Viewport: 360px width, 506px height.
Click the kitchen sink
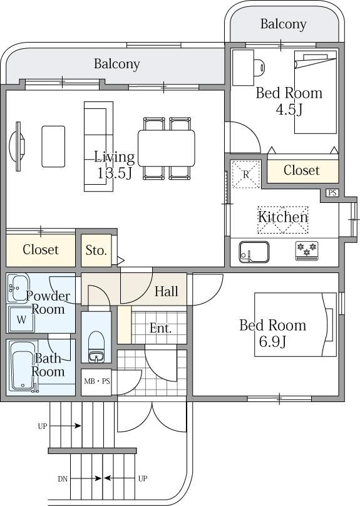(x=254, y=252)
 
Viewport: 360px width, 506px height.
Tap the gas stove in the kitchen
(x=307, y=250)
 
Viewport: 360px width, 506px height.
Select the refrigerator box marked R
(x=246, y=174)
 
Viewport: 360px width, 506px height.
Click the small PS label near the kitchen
(x=332, y=193)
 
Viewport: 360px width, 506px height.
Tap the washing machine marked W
(x=21, y=319)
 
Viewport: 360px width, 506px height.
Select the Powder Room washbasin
(x=18, y=288)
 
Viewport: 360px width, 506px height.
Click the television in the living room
(x=17, y=146)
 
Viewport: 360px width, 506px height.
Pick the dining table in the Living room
(x=167, y=148)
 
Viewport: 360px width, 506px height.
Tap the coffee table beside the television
(x=53, y=147)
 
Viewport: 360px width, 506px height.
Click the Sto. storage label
(x=96, y=250)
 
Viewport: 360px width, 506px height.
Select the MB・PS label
(x=97, y=381)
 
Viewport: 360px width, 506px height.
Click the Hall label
(x=166, y=291)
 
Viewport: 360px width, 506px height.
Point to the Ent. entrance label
(x=160, y=329)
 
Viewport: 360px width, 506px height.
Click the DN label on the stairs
(x=63, y=479)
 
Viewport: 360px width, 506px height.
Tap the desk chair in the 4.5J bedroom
(x=260, y=68)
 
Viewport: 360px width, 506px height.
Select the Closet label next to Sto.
(x=41, y=249)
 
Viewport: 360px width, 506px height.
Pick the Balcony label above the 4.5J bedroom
(x=283, y=24)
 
